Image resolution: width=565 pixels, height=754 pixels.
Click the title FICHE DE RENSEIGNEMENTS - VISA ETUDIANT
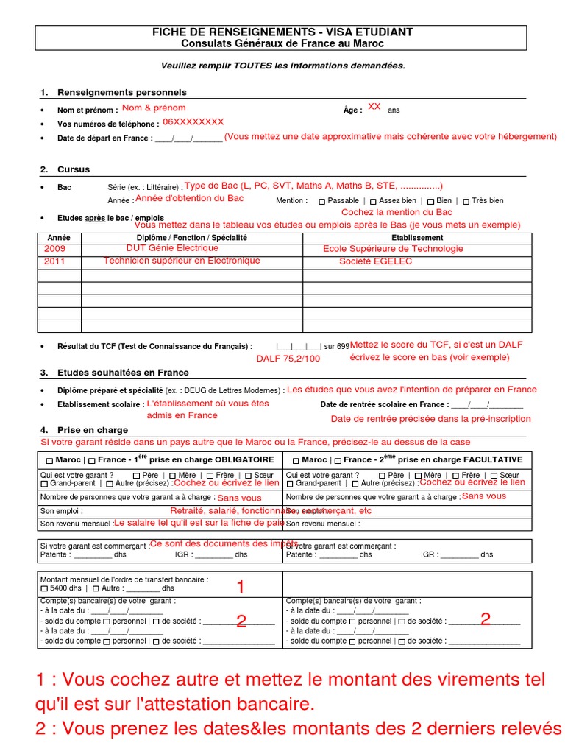[x=282, y=32]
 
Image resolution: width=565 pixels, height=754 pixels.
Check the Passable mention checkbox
[x=322, y=201]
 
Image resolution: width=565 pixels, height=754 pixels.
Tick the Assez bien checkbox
[x=373, y=201]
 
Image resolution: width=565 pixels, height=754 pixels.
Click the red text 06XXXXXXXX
[x=193, y=122]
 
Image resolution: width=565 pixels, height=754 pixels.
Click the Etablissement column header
[x=417, y=238]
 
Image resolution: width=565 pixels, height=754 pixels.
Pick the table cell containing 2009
[x=55, y=249]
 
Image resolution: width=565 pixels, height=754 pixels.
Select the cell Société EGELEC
[x=370, y=261]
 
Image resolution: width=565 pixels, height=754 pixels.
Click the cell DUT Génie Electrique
[x=162, y=249]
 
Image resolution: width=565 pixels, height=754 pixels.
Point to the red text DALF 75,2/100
[x=288, y=359]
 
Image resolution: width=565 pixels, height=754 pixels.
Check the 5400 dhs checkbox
[x=44, y=589]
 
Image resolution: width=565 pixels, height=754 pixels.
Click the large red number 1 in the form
[x=240, y=588]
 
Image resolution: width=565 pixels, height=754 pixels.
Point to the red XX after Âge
[x=374, y=107]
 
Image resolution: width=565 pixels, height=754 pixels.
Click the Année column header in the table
[x=59, y=238]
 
